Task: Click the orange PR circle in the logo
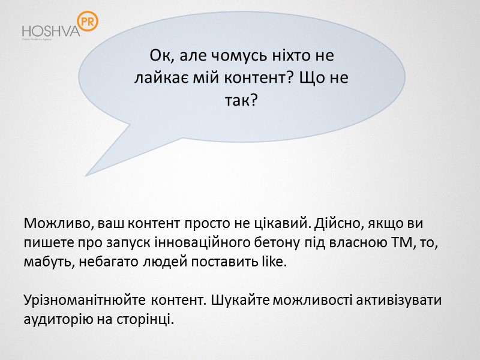pyautogui.click(x=88, y=22)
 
